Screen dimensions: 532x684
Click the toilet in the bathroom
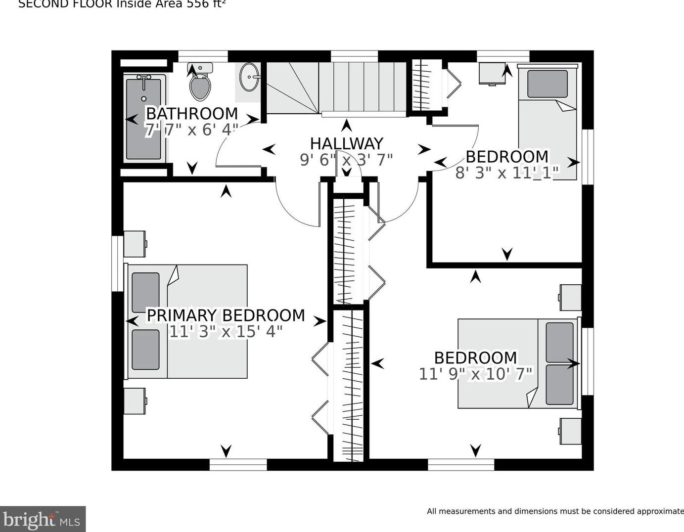pyautogui.click(x=200, y=83)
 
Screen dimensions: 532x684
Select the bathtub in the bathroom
pyautogui.click(x=143, y=118)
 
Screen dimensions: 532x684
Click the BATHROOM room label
pyautogui.click(x=192, y=114)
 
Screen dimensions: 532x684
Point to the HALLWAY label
pyautogui.click(x=346, y=144)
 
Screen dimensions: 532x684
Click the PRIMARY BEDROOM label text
pyautogui.click(x=226, y=315)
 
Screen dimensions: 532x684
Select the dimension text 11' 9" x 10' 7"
pyautogui.click(x=476, y=374)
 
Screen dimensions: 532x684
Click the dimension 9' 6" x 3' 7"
pyautogui.click(x=346, y=160)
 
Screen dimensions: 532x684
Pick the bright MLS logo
pyautogui.click(x=43, y=519)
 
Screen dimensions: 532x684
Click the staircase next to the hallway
pyautogui.click(x=336, y=88)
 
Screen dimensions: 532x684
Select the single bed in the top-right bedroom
pyautogui.click(x=547, y=121)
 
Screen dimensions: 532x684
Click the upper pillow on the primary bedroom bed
pyautogui.click(x=145, y=292)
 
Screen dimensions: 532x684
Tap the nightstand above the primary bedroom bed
pyautogui.click(x=134, y=243)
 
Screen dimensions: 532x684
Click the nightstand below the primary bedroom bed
pyautogui.click(x=134, y=401)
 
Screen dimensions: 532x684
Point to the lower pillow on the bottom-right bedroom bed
pyautogui.click(x=559, y=385)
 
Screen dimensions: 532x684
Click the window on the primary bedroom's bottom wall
pyautogui.click(x=238, y=464)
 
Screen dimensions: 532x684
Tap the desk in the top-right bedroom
pyautogui.click(x=492, y=73)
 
